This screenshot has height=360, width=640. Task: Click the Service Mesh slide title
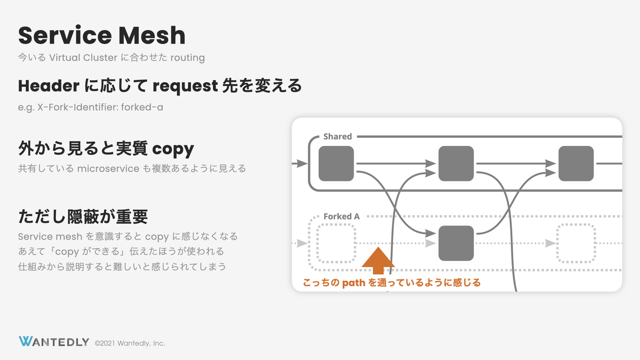(x=102, y=35)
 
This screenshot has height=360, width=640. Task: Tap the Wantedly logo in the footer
(x=54, y=342)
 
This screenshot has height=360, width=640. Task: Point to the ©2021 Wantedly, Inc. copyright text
(x=130, y=343)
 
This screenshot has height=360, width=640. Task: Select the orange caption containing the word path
(x=392, y=283)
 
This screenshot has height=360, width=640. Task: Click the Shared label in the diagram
(x=337, y=136)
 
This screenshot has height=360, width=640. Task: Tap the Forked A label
(x=341, y=216)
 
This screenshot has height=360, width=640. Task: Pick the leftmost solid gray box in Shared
(x=336, y=164)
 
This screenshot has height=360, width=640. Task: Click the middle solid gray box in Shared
(x=456, y=164)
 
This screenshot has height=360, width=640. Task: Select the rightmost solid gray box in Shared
(x=576, y=164)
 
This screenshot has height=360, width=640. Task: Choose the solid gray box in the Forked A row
(x=456, y=243)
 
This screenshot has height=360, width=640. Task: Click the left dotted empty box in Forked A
(x=336, y=243)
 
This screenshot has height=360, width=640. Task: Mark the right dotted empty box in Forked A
(x=576, y=243)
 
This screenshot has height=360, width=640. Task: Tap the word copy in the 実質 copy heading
(x=173, y=149)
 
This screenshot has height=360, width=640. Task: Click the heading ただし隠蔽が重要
(x=83, y=217)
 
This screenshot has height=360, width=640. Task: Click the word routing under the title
(x=187, y=58)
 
